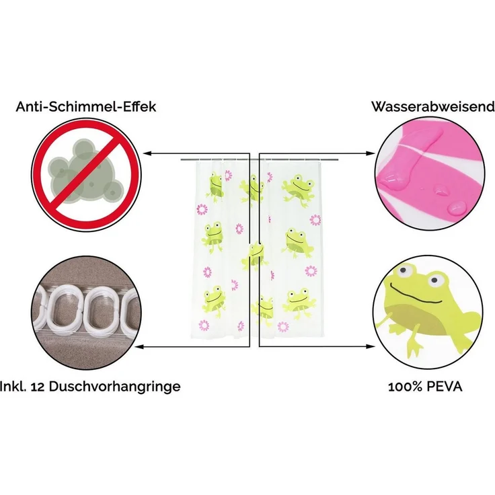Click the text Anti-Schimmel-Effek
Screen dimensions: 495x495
(86, 106)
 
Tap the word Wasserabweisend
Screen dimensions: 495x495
(433, 106)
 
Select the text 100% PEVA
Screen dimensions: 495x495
(425, 387)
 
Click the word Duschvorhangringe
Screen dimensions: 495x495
(114, 387)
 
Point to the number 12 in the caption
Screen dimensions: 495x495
(38, 387)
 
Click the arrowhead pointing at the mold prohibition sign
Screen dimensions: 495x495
(147, 153)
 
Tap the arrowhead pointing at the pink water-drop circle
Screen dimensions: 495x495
(371, 153)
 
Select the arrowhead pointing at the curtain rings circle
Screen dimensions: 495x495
(140, 346)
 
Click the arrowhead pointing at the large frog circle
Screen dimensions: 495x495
(371, 346)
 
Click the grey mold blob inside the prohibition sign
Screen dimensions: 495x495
(85, 174)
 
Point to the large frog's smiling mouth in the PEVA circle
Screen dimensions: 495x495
(416, 294)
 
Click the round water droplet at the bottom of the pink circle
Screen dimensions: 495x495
(457, 207)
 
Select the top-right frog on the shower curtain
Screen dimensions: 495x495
(299, 190)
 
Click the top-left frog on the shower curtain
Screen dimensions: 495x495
(215, 187)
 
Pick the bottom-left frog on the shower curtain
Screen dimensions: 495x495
(214, 301)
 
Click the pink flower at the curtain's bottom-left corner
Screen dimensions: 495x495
(204, 325)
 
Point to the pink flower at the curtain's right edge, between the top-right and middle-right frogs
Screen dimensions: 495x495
(315, 220)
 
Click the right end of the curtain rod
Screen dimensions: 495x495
(338, 160)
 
